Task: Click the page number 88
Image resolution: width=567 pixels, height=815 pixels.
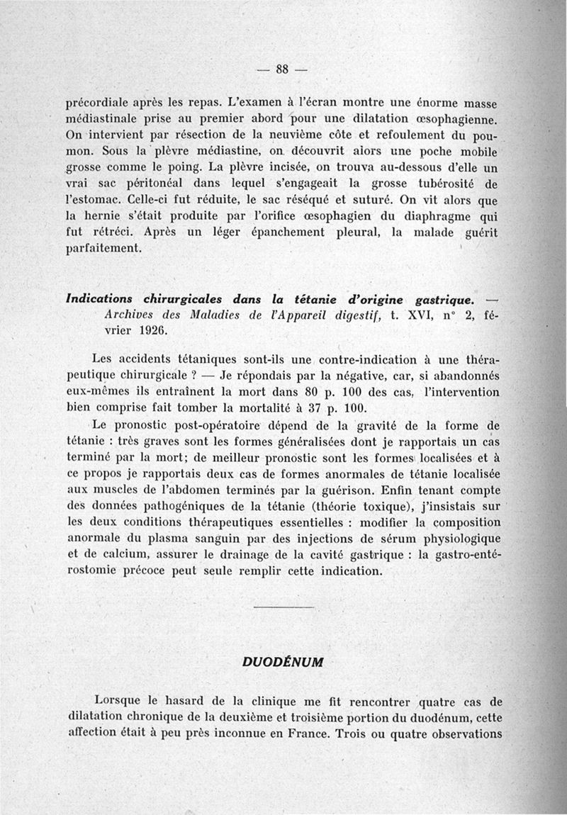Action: point(283,69)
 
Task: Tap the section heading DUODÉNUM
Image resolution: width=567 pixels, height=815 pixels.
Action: point(283,662)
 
